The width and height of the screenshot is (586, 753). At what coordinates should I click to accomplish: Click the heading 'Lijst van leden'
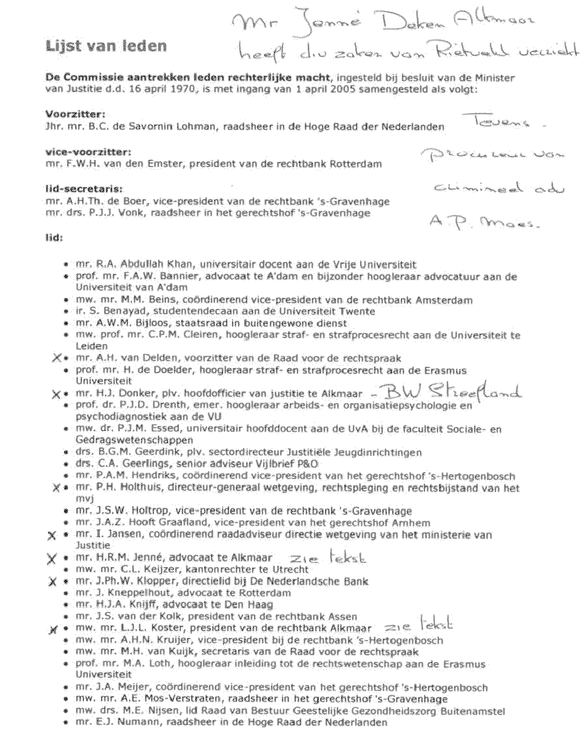click(x=105, y=46)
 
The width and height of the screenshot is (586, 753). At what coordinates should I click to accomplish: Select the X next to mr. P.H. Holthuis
click(x=57, y=488)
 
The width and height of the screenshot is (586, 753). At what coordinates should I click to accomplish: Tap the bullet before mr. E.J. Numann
click(x=67, y=722)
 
